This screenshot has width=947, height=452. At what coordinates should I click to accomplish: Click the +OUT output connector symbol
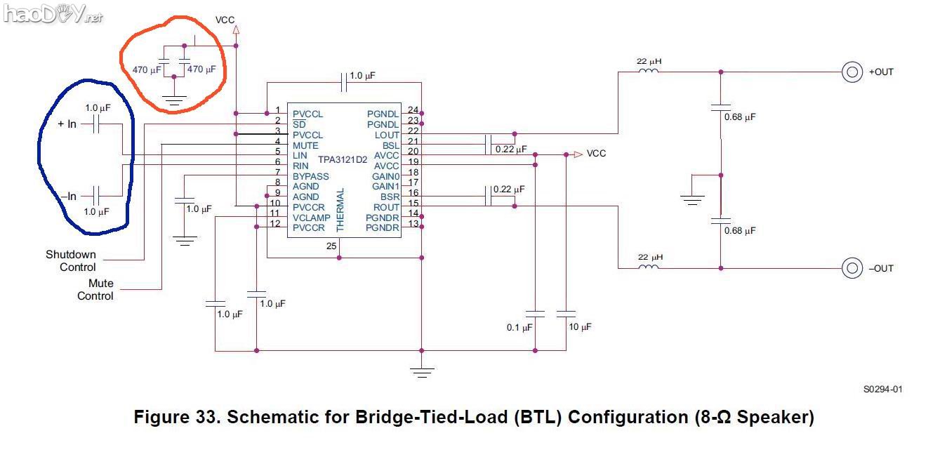[852, 72]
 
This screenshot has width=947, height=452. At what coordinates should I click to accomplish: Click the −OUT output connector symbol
[852, 268]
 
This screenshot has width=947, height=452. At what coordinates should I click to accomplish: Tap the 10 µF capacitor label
[580, 327]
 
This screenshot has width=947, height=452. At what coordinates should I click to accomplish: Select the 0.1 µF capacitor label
[520, 327]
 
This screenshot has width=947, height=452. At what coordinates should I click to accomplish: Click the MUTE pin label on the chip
[306, 145]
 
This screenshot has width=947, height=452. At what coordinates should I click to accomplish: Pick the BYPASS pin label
[311, 176]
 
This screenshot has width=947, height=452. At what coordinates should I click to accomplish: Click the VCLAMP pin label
[312, 218]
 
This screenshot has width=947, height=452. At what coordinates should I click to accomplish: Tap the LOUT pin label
[386, 135]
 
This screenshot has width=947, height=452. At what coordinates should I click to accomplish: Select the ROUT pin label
[386, 207]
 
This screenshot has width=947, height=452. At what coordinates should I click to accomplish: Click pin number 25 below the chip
[331, 246]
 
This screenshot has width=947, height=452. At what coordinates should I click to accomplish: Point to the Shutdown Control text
[71, 260]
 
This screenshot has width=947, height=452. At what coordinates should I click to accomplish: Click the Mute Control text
[95, 290]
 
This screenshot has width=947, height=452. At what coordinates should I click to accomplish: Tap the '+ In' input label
[67, 124]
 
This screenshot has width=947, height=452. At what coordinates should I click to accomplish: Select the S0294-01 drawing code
[882, 389]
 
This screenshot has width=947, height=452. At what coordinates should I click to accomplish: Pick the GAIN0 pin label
[385, 176]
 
